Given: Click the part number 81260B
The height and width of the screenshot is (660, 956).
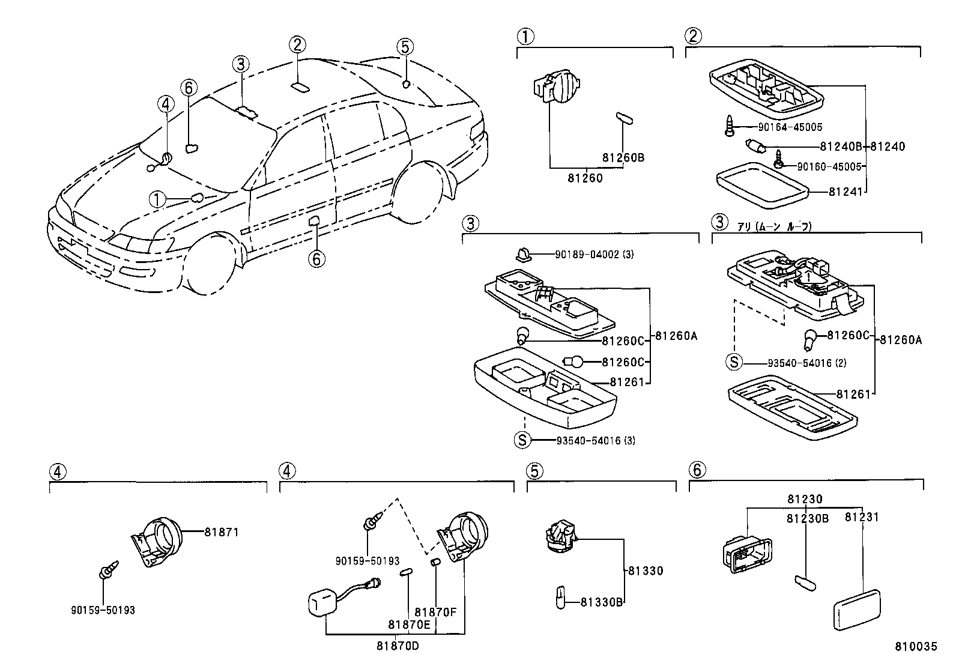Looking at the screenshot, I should [623, 158].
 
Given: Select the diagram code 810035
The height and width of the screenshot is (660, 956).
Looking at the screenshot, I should [915, 647].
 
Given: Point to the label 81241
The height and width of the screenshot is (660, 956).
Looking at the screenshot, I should [845, 192].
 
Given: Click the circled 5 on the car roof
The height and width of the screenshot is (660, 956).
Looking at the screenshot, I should [405, 47].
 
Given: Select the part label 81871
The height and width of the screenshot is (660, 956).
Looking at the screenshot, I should [221, 532].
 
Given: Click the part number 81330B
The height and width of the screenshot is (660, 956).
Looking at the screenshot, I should [602, 602].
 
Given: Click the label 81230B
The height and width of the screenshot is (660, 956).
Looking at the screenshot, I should [808, 518].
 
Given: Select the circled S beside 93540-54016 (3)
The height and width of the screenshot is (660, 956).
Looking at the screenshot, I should [522, 440].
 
